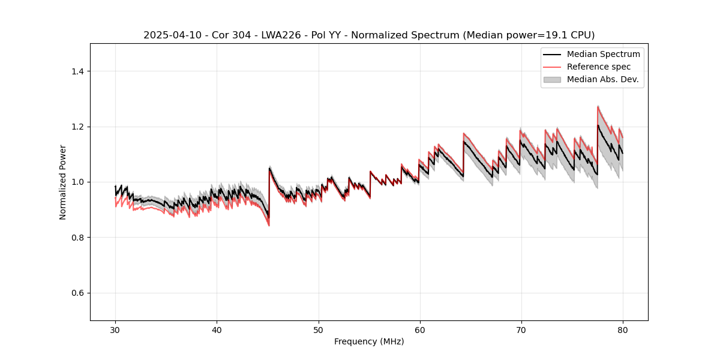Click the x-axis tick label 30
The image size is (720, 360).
(x=115, y=329)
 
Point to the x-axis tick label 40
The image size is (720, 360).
(x=217, y=329)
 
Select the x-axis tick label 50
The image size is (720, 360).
(x=318, y=329)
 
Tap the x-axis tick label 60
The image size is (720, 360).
(x=419, y=329)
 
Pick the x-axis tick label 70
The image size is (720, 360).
(x=521, y=329)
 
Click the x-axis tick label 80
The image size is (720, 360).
(x=622, y=329)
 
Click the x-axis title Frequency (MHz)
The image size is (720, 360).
(x=369, y=341)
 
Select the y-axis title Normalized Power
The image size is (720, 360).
(x=63, y=182)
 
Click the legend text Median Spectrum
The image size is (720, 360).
(x=603, y=54)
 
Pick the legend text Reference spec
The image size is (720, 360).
(x=599, y=67)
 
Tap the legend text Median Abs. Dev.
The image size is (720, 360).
(x=602, y=79)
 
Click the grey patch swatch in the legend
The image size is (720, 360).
(x=552, y=79)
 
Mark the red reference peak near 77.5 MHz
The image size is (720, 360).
(x=598, y=107)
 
